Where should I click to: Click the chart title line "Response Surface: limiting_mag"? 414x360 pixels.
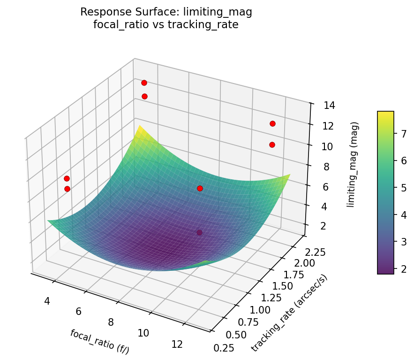tap(166, 12)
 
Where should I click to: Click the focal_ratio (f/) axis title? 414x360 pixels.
tap(99, 342)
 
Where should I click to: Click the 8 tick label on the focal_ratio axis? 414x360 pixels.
tap(111, 322)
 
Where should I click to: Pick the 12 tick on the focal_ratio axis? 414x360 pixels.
tap(177, 344)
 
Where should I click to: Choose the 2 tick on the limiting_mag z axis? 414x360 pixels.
tap(319, 227)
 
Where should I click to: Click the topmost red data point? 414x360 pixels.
tap(144, 83)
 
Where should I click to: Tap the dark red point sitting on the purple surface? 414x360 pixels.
tap(200, 232)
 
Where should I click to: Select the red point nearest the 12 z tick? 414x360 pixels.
tap(272, 123)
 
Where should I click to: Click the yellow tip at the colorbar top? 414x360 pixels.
tap(385, 113)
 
